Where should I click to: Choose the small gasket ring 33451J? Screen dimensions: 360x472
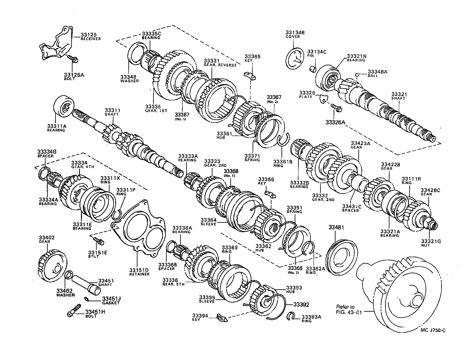pyautogui.click(x=88, y=298)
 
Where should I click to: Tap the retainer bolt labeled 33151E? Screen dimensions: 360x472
pyautogui.click(x=99, y=241)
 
